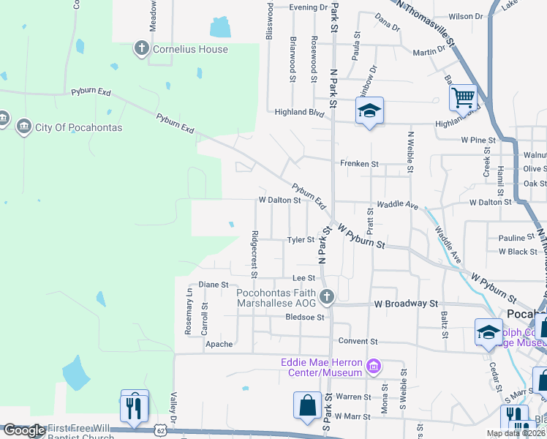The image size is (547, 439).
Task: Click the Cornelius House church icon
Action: pos(141,49)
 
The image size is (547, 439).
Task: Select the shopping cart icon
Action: pos(463,97)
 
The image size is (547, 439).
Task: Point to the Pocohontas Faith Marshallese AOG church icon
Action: pos(327,296)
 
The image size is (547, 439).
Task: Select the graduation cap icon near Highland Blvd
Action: pos(369,110)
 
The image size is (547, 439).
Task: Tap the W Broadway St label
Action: pos(405,303)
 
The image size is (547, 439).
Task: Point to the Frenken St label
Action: pos(359,165)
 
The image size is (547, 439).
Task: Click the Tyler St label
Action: pos(300,239)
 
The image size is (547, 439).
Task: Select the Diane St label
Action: pos(214,284)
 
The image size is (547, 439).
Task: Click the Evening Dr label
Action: pos(308,7)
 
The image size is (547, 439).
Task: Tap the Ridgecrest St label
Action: pos(254,255)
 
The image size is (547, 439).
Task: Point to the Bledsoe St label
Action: pos(304,317)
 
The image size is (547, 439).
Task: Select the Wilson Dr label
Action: pos(466,16)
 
